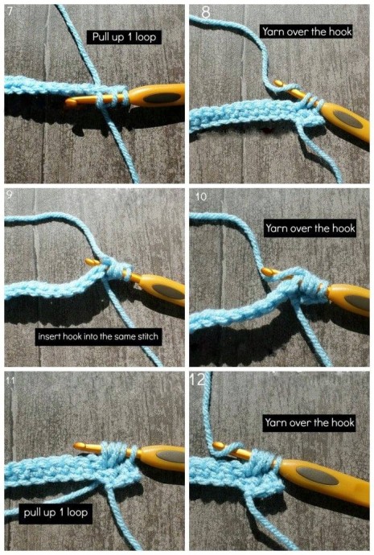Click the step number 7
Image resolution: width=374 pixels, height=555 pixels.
tap(10, 11)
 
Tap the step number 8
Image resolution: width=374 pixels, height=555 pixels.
tap(206, 12)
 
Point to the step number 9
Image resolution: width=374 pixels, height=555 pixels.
tap(10, 195)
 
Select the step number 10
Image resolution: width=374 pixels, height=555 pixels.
tap(201, 197)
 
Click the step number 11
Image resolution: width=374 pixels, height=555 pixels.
tap(10, 380)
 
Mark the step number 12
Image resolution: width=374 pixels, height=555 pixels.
tap(197, 380)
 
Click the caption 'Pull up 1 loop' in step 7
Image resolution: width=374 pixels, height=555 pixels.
tap(124, 37)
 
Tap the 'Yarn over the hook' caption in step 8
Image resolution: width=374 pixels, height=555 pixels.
tap(306, 32)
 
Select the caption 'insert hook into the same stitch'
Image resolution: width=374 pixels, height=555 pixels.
tap(98, 336)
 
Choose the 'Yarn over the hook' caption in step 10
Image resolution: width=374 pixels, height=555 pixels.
tap(310, 228)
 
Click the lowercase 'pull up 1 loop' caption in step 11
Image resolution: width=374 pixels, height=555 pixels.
tap(55, 513)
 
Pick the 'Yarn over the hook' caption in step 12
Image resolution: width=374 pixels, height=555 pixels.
tap(309, 422)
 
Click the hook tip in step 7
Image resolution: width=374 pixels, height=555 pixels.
tap(68, 103)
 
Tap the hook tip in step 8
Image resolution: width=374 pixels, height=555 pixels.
tap(279, 84)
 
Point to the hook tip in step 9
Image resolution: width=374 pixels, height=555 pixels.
tap(89, 261)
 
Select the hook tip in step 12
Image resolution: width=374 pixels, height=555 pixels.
tap(218, 446)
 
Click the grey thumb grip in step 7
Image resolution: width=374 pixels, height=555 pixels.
tap(162, 98)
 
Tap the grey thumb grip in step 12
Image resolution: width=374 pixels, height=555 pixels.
tap(316, 475)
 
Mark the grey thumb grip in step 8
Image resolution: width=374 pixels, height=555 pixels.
tap(348, 119)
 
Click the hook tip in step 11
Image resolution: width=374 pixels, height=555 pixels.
tap(78, 446)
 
